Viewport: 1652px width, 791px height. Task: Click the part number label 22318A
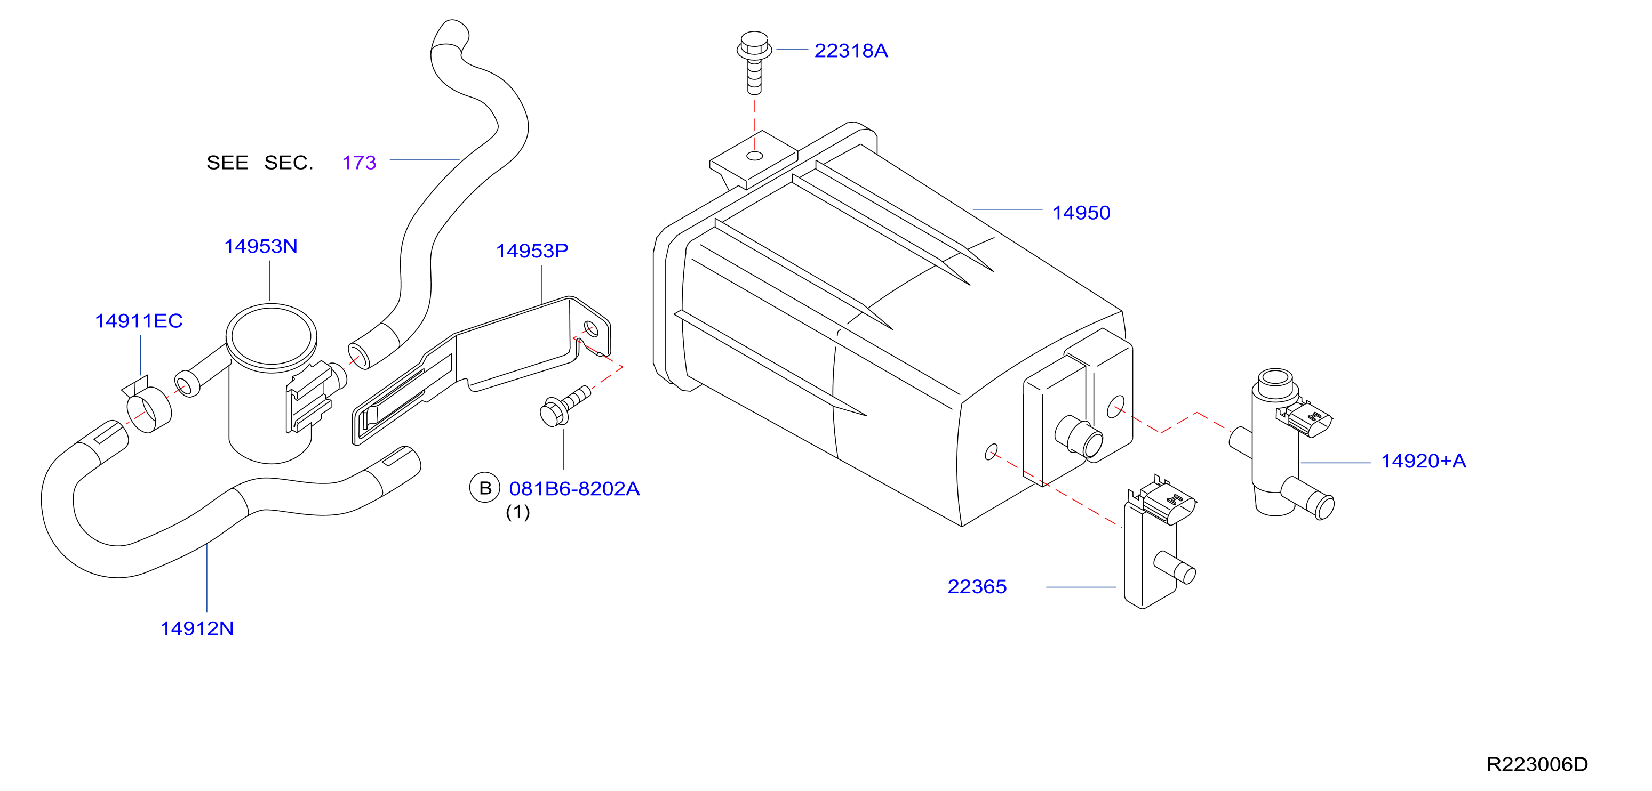coord(850,51)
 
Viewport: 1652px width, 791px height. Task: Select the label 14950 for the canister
coord(1081,213)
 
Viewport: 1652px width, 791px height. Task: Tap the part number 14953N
coord(260,246)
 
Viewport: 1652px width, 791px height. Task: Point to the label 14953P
coord(532,251)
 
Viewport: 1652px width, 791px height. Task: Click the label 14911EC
coord(139,320)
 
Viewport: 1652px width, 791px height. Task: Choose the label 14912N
coord(197,628)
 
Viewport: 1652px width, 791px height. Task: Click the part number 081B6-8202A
coord(574,488)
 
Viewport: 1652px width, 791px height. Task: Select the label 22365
coord(977,586)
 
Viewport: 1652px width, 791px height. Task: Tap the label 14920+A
coord(1423,461)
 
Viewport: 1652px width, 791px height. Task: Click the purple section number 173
coord(359,163)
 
